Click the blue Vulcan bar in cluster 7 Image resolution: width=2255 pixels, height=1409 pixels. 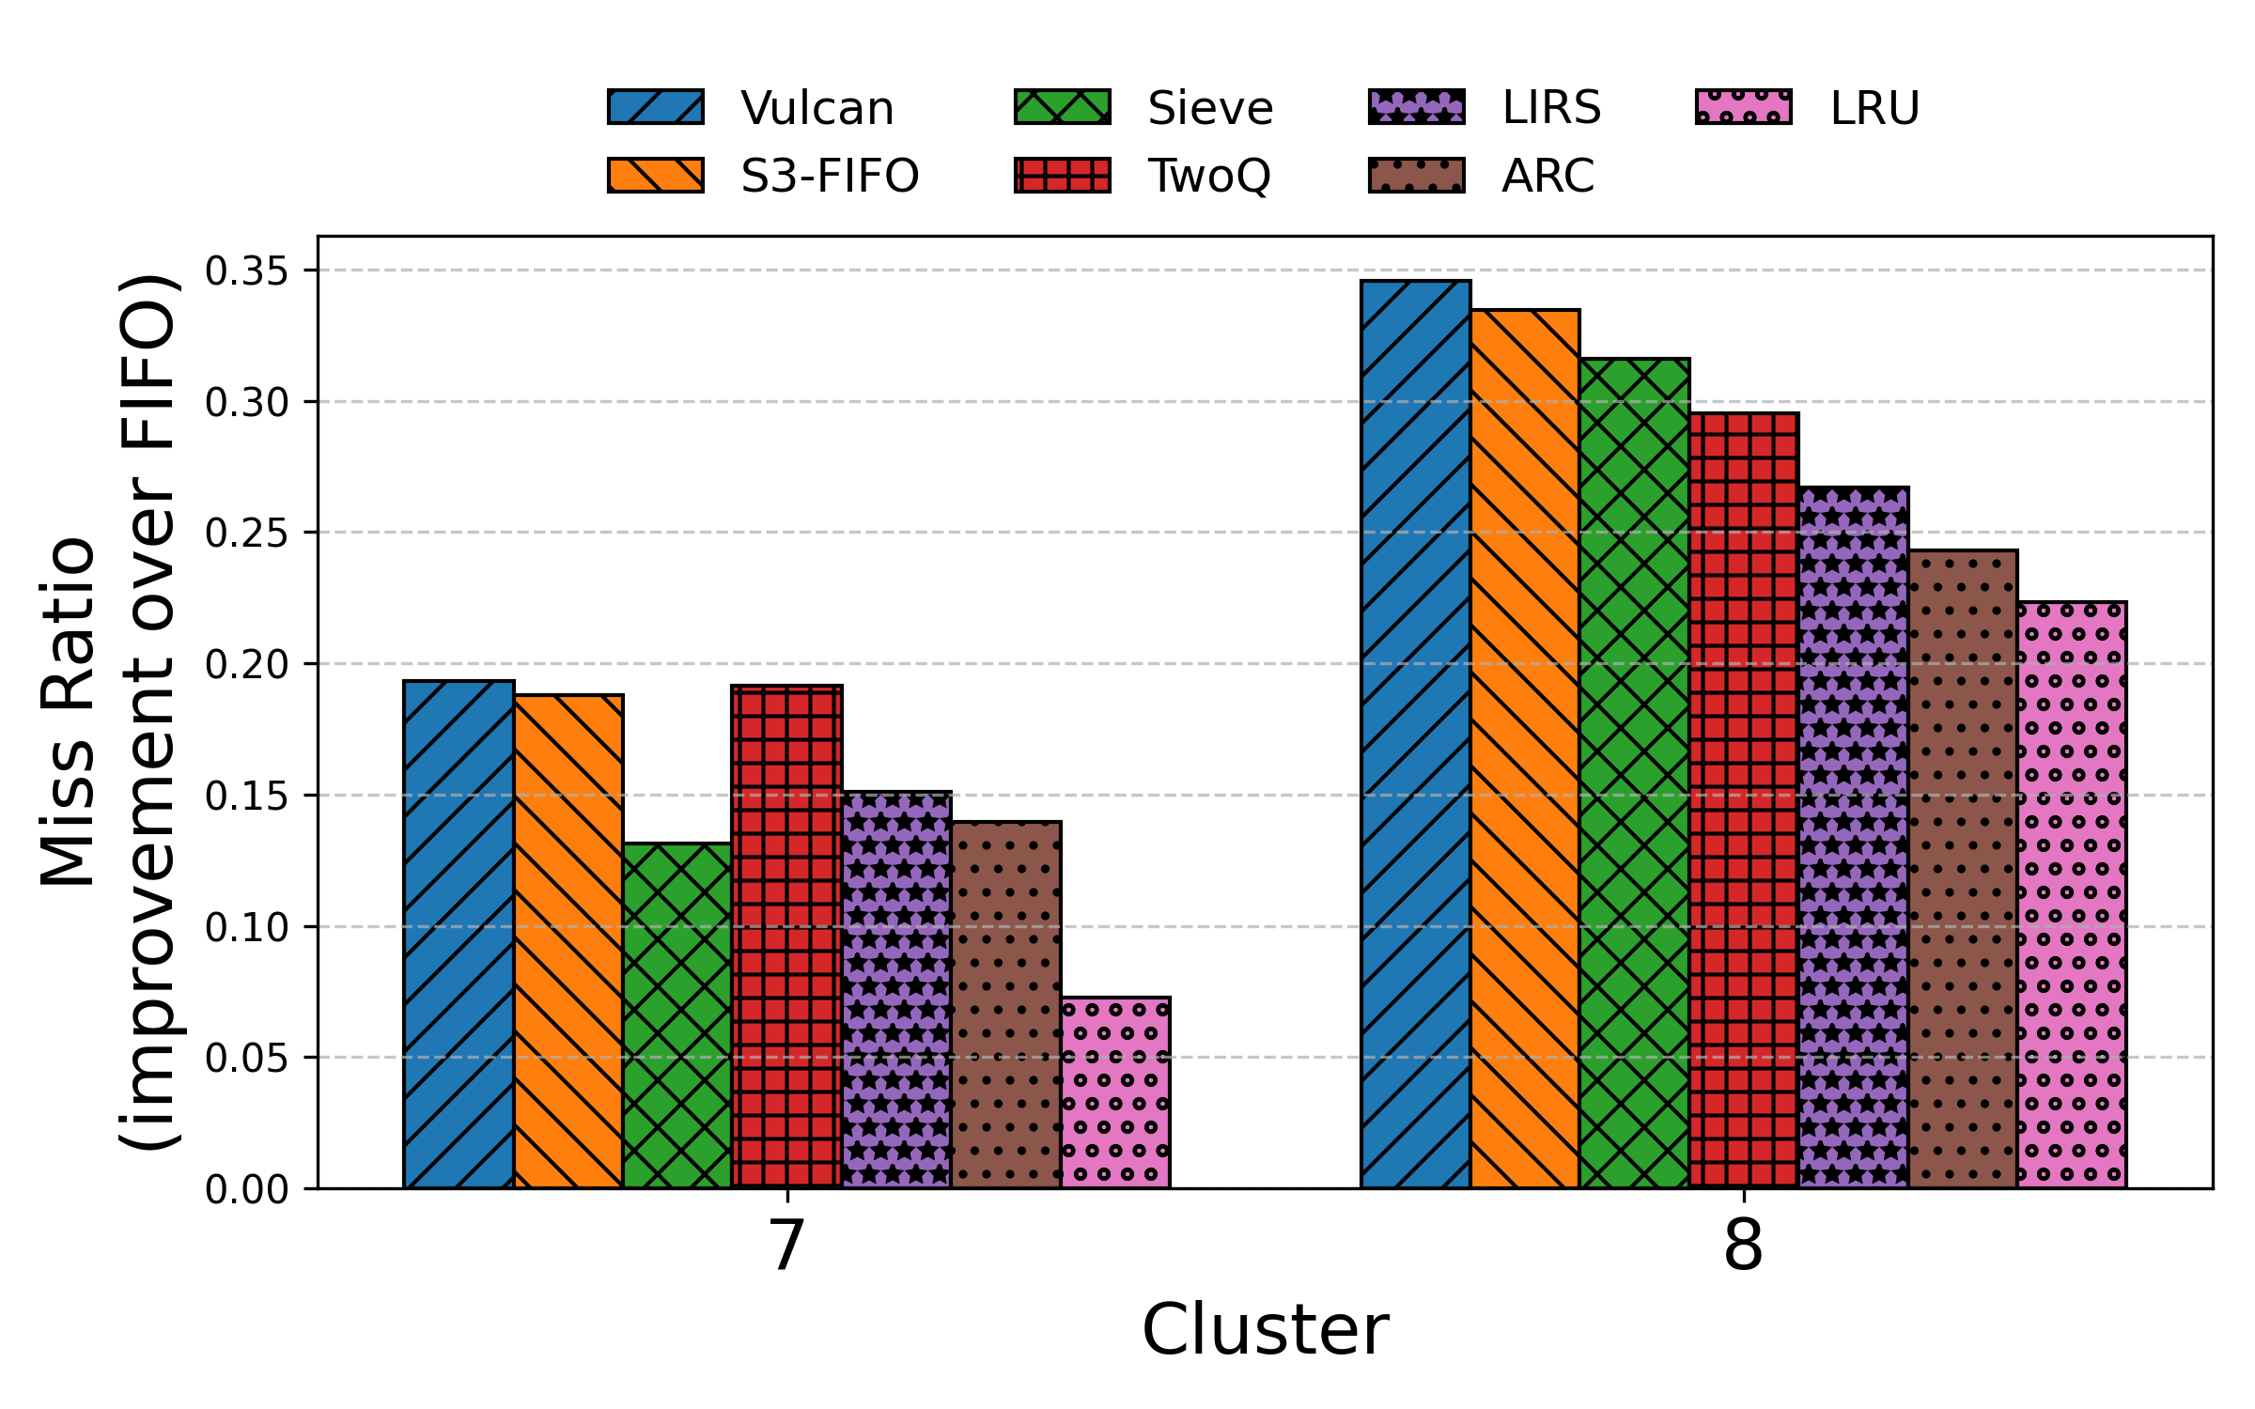tap(459, 935)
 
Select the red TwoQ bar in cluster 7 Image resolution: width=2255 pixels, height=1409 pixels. tap(786, 937)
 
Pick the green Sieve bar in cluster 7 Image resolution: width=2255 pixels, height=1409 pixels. tap(677, 1015)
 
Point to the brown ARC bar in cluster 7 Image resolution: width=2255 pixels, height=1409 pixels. tap(1006, 1005)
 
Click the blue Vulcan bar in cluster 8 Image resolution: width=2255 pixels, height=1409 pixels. tap(1416, 734)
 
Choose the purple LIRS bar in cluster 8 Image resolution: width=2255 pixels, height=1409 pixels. tap(1854, 837)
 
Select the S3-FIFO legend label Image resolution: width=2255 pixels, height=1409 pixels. tap(830, 176)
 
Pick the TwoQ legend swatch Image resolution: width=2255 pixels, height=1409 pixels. tap(1062, 176)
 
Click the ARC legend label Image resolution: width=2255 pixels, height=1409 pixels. tap(1547, 176)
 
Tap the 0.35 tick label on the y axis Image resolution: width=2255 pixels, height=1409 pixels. tap(247, 271)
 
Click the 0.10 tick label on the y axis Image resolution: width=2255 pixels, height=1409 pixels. tap(247, 927)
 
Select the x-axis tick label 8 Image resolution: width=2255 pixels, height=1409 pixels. tap(1743, 1246)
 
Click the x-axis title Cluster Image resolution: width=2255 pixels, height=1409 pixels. tap(1265, 1330)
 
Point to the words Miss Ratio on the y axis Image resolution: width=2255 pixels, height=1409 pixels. tap(68, 712)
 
